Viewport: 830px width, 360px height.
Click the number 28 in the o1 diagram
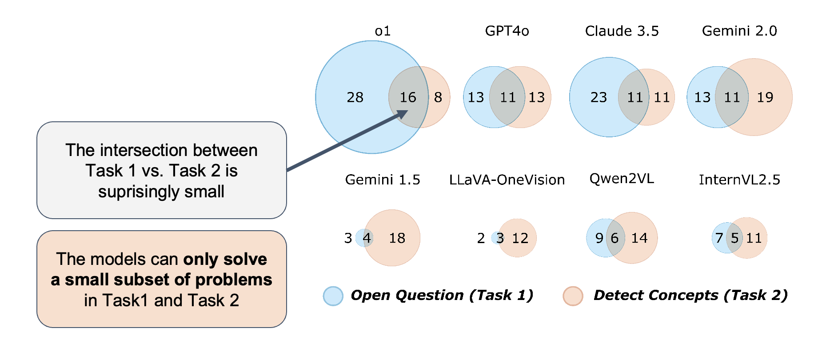click(355, 97)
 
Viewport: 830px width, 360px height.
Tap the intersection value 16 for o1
click(407, 97)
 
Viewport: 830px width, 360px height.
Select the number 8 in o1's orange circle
click(438, 97)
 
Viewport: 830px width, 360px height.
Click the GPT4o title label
click(507, 31)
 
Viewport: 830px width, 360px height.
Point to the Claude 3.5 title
click(622, 31)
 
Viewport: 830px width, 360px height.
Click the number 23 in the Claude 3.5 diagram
click(599, 97)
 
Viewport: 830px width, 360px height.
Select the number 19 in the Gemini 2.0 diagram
click(765, 97)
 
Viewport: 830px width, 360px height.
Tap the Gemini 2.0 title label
click(739, 31)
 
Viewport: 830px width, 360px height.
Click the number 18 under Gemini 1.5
click(397, 238)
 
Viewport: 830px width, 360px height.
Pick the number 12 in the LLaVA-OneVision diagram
click(520, 238)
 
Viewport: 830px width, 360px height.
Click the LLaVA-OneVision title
click(507, 180)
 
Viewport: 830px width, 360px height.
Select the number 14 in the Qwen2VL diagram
click(639, 238)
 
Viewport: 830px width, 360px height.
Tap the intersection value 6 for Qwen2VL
click(615, 238)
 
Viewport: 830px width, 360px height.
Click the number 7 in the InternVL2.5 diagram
click(719, 238)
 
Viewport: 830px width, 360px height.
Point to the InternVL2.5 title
click(739, 180)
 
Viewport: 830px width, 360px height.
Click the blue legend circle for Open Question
click(333, 296)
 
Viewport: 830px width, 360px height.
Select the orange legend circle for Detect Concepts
click(573, 296)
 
